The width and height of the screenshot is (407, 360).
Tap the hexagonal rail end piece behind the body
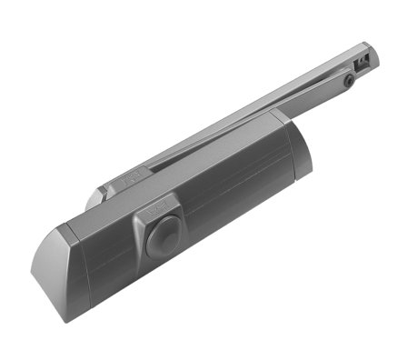(x=101, y=195)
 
